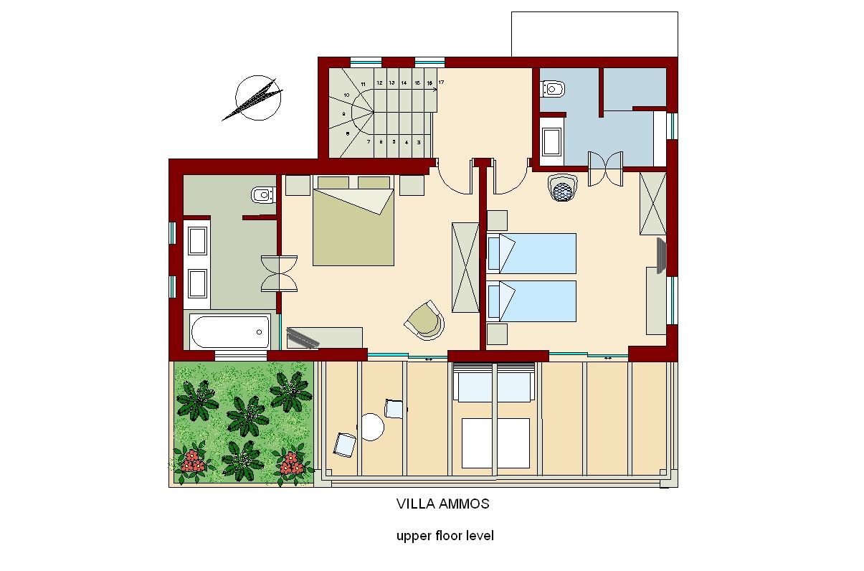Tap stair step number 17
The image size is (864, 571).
point(441,82)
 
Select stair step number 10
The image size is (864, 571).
point(346,95)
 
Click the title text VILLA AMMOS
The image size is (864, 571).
point(442,504)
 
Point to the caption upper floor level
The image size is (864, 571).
point(445,536)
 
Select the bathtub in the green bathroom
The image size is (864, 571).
point(230,332)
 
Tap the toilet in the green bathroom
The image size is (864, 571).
point(262,194)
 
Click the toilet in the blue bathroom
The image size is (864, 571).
point(554,90)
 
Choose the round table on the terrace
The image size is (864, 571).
point(372,428)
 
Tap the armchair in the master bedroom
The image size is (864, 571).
point(425,320)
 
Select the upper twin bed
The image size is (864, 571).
point(531,253)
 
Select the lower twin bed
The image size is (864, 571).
point(531,301)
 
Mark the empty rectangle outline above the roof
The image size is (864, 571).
point(594,34)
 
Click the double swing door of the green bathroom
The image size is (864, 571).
point(279,273)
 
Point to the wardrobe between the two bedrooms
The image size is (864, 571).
point(465,267)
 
